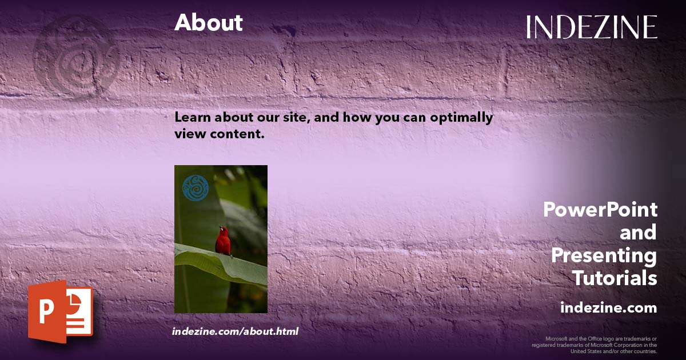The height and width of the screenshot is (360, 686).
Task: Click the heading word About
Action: point(209,23)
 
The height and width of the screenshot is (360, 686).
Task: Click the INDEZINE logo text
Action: point(592,27)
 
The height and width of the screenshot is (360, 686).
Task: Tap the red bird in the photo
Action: point(223,241)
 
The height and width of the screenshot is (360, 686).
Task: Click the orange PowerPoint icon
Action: point(60,311)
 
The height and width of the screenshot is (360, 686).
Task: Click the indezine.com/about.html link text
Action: point(235,331)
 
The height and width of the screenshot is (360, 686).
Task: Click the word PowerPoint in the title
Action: point(600,210)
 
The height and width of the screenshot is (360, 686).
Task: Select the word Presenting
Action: point(604,255)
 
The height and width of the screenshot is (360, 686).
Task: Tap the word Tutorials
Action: point(615,278)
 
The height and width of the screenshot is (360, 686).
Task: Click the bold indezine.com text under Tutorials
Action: point(608,308)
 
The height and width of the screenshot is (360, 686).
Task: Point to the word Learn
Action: point(190,118)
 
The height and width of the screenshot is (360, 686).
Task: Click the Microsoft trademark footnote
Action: point(595,345)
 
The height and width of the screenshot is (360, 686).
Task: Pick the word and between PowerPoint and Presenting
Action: point(638,233)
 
